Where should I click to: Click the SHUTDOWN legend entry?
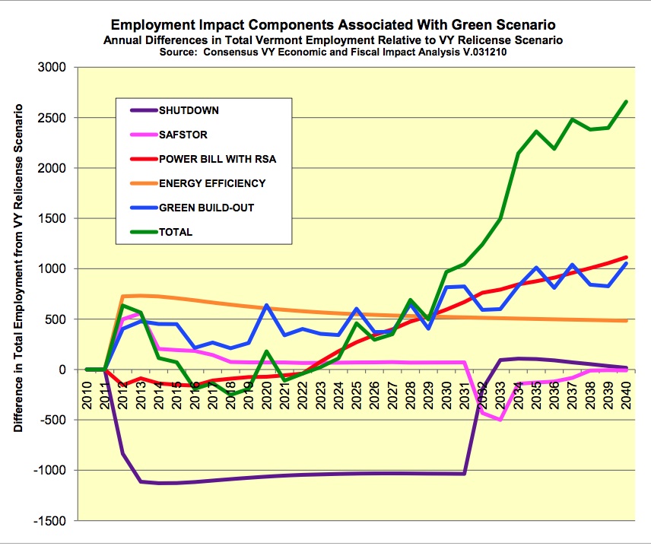click(189, 110)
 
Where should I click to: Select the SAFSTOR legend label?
click(183, 135)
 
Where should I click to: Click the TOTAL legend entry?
click(176, 232)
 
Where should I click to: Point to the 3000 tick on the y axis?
click(52, 68)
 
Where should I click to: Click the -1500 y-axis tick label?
click(50, 521)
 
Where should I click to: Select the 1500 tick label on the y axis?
click(52, 219)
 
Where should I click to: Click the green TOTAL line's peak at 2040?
click(626, 101)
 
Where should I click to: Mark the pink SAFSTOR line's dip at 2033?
click(500, 419)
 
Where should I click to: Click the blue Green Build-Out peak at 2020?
click(267, 305)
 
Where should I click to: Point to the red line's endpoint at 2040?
click(626, 257)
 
